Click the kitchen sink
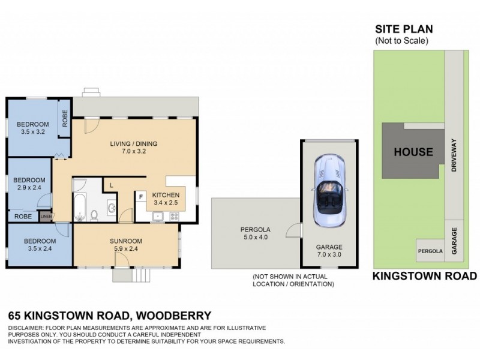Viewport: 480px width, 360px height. pos(158,216)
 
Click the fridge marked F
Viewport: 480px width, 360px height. pos(141,196)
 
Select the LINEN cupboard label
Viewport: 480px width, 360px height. pos(46,217)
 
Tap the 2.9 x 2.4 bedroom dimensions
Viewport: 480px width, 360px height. pos(29,188)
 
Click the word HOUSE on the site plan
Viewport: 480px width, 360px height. pos(413,152)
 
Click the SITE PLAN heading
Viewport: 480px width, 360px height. pos(404,29)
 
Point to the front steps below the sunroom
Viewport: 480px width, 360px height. pos(137,275)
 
